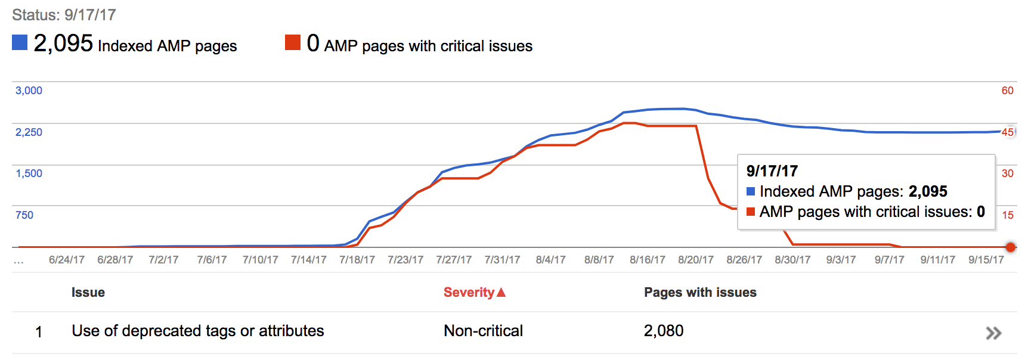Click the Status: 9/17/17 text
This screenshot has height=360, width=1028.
(x=64, y=15)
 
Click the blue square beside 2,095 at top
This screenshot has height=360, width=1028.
(x=20, y=42)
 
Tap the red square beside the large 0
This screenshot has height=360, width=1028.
(x=293, y=42)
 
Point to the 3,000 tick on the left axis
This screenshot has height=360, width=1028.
(x=29, y=91)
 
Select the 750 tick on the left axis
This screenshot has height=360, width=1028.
(x=24, y=215)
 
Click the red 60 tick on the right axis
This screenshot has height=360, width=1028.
(x=1007, y=91)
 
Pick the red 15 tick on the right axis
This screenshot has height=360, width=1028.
(x=1007, y=215)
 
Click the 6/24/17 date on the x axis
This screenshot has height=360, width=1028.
(x=67, y=260)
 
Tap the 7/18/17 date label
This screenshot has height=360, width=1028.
(x=357, y=260)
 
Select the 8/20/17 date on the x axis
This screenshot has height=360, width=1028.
(x=696, y=260)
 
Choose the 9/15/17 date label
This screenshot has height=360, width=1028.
(x=986, y=260)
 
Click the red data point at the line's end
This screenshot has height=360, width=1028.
(x=1011, y=247)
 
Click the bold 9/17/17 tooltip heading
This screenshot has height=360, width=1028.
(x=772, y=171)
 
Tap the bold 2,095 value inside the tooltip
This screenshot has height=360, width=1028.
(x=928, y=191)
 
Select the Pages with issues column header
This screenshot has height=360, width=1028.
(x=700, y=293)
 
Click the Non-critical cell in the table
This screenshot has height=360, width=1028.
(x=483, y=331)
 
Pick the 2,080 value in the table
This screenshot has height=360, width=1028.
(x=664, y=331)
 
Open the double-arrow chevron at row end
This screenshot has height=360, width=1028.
(x=993, y=333)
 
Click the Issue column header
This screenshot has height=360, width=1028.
(x=88, y=293)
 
